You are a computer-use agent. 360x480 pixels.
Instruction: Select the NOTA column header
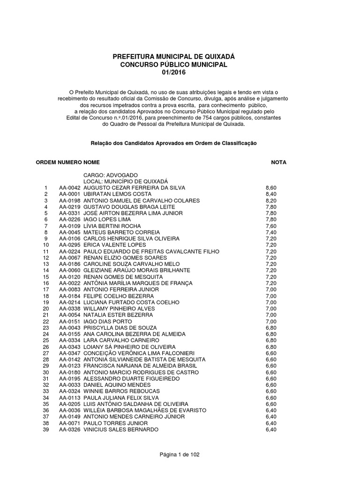[278, 162]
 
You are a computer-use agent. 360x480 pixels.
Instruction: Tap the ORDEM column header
[46, 162]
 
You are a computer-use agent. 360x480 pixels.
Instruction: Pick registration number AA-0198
[70, 200]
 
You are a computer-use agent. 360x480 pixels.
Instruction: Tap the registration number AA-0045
[70, 232]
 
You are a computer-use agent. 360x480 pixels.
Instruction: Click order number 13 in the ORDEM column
[46, 264]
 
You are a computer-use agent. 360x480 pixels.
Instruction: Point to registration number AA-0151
[70, 322]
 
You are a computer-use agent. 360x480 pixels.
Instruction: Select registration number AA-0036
[70, 410]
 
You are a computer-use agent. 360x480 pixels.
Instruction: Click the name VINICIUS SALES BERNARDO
[121, 429]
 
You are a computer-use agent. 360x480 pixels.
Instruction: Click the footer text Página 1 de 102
[180, 454]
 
